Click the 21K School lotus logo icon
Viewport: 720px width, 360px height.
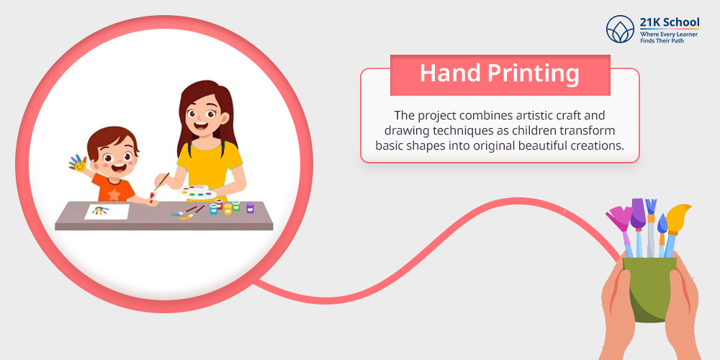[620, 29]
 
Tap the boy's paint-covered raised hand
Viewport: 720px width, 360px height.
[78, 163]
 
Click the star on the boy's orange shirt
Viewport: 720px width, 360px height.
[114, 194]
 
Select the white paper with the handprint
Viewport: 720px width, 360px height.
[107, 211]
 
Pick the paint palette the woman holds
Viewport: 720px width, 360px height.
[197, 192]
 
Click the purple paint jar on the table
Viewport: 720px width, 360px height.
[250, 207]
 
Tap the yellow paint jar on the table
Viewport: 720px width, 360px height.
[228, 210]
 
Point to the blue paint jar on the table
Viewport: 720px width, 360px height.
[214, 209]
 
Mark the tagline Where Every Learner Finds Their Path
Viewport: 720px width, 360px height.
[670, 37]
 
